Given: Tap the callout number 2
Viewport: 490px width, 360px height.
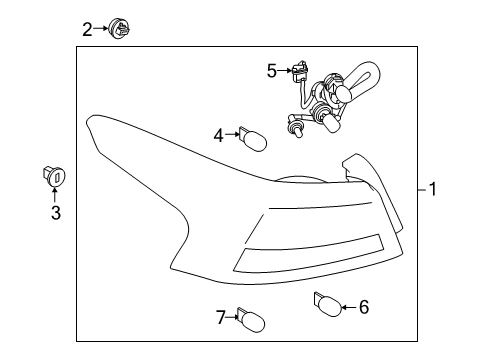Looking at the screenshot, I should pos(87,29).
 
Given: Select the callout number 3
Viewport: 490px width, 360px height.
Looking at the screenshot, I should pos(55,212).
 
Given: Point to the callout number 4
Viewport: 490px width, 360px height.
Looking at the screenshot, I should pos(218,135).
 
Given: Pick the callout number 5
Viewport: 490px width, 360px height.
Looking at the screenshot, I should pos(271,70).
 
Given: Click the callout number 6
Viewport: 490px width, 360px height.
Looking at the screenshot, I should pos(363,307).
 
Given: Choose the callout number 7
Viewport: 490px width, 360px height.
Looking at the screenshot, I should pos(220,318).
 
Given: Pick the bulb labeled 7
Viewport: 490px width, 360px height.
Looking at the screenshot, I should pos(251,319).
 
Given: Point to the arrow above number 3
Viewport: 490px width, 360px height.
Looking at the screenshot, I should pos(55,194).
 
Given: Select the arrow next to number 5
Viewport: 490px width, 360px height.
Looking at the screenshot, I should pos(284,70).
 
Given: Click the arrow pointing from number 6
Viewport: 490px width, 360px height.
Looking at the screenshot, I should pos(345,307).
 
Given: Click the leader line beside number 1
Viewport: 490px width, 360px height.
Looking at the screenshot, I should pos(419,188).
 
